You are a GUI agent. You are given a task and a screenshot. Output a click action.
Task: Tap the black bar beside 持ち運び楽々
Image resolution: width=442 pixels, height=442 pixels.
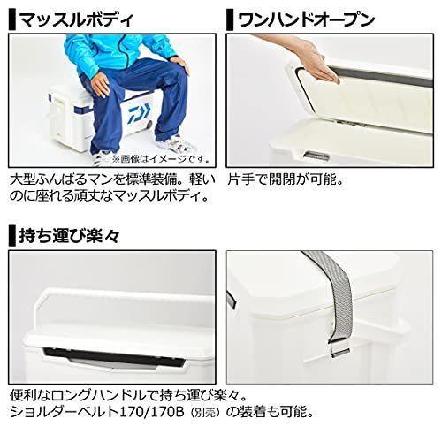pos(10,237)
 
